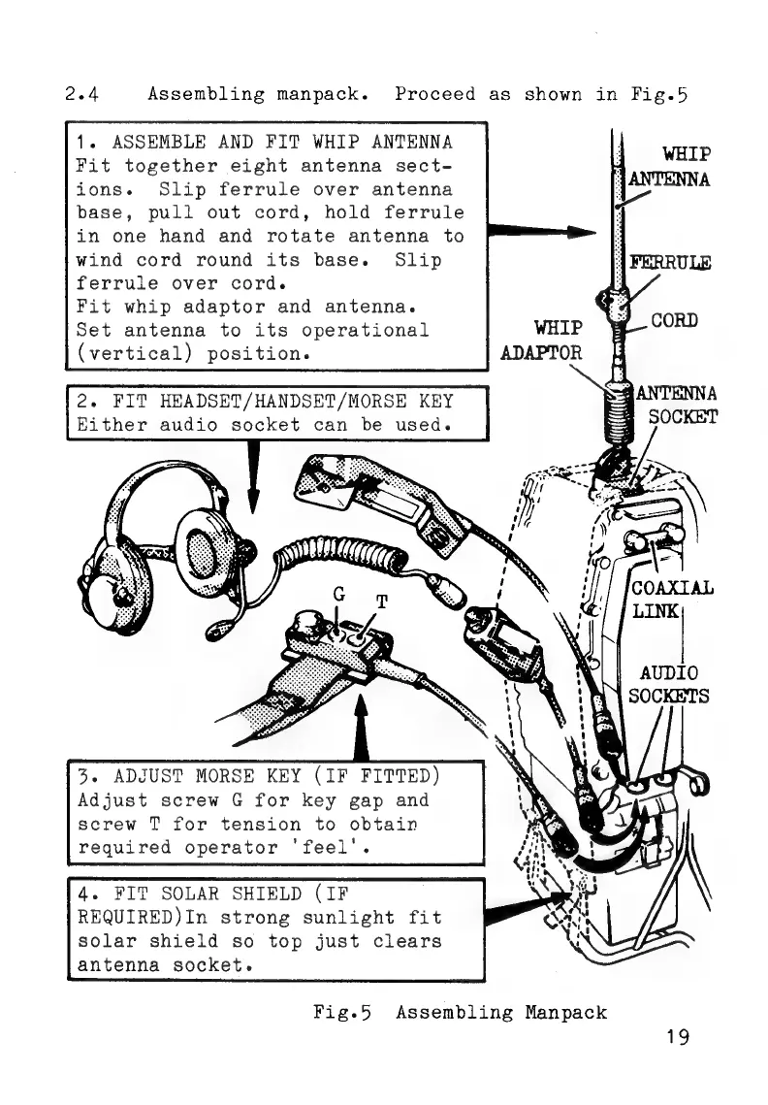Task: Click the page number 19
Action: tap(677, 1037)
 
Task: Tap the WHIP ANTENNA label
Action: tap(671, 167)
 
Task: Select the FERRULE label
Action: tap(670, 262)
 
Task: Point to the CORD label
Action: tap(675, 320)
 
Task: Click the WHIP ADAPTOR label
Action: tap(542, 340)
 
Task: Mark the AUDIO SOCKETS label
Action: tap(668, 684)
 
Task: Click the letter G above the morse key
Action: tap(338, 592)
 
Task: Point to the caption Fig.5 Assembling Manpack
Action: tap(461, 1012)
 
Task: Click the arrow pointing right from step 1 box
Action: tap(539, 232)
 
